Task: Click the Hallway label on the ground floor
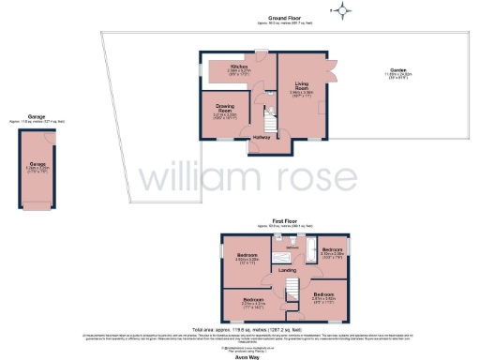pos(262,138)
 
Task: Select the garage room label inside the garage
pos(38,169)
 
